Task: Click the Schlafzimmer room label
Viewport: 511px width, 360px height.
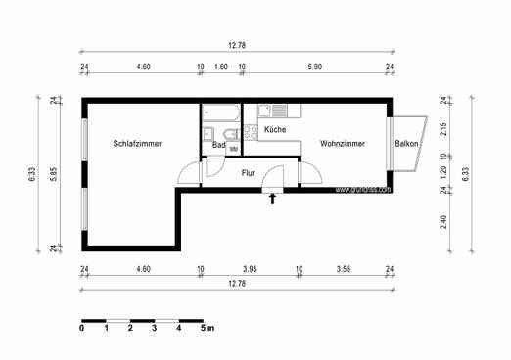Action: pyautogui.click(x=137, y=144)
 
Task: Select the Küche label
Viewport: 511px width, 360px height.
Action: pyautogui.click(x=273, y=128)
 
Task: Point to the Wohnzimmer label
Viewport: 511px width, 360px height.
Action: pyautogui.click(x=343, y=144)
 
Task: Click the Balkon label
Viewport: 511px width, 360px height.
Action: pyautogui.click(x=407, y=144)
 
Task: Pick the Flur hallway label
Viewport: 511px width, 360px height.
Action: pyautogui.click(x=248, y=173)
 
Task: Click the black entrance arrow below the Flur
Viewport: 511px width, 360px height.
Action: pyautogui.click(x=273, y=200)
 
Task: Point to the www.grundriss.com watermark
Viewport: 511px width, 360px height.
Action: pyautogui.click(x=363, y=190)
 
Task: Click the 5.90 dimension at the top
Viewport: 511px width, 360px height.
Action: pyautogui.click(x=315, y=67)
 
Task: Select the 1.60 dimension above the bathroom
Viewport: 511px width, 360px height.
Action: pyautogui.click(x=220, y=67)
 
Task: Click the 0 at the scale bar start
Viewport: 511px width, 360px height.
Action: pyautogui.click(x=82, y=329)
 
